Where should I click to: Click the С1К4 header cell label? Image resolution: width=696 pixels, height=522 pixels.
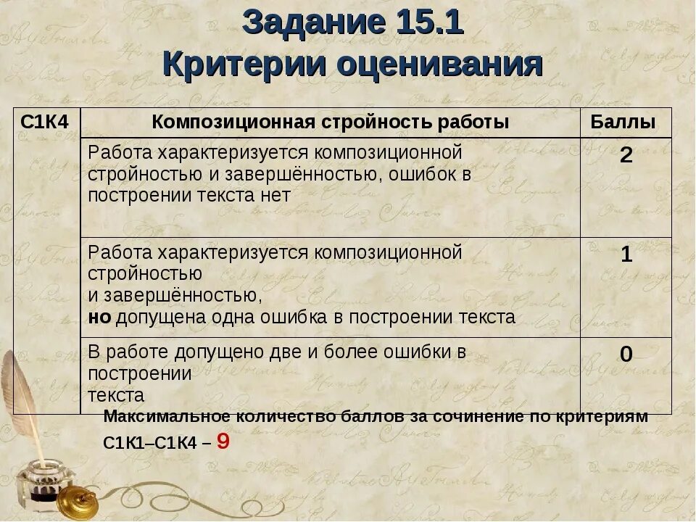tap(44, 122)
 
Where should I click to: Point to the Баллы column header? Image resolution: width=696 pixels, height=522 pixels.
tap(623, 122)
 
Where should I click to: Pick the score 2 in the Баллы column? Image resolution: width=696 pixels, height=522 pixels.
tap(626, 155)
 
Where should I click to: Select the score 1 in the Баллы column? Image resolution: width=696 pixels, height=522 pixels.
tap(626, 254)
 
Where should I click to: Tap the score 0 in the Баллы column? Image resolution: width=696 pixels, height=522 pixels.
tap(626, 354)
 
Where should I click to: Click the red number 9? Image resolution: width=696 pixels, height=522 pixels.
tap(223, 441)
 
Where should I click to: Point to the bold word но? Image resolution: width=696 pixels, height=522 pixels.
tap(99, 317)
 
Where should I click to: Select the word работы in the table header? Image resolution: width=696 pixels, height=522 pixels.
tap(473, 122)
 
